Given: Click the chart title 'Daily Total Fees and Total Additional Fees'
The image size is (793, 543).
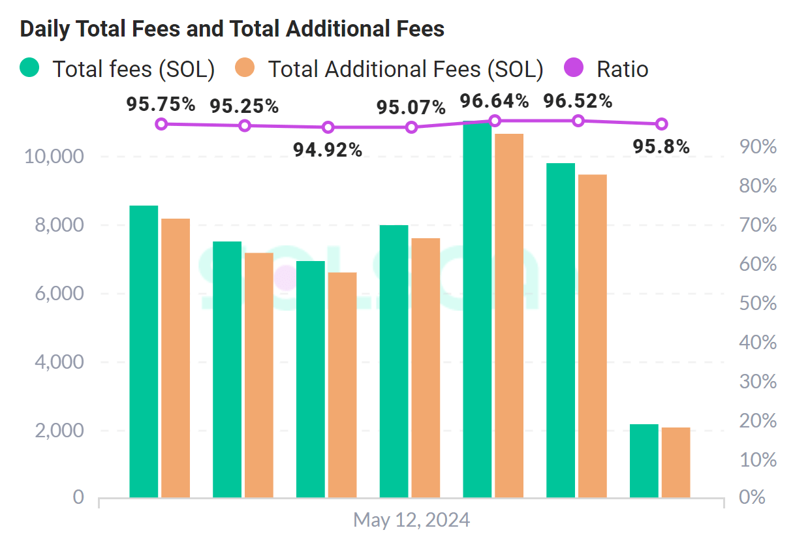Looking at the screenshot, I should tap(232, 29).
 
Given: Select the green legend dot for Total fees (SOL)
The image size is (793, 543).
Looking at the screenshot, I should tap(30, 68).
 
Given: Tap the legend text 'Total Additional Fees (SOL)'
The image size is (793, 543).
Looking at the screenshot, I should tap(405, 69).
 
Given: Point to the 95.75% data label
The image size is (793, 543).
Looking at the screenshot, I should tap(161, 104).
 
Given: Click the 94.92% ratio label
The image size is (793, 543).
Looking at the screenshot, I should tap(328, 150).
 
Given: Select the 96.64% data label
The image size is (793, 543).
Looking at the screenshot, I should tap(494, 101).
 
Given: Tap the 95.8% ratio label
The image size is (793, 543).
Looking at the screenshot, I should tap(661, 147).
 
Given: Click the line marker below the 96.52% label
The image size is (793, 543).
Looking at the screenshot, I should tap(578, 121).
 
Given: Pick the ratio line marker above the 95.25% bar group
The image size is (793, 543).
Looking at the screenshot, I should tap(245, 125).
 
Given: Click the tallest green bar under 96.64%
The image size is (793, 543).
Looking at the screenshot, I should tap(477, 310).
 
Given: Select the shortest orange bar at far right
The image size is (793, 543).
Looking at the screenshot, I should tap(676, 462).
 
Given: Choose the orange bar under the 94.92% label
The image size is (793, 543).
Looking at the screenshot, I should tap(342, 385).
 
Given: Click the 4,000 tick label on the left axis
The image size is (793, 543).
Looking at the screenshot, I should tap(57, 362).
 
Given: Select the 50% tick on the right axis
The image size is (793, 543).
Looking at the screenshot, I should tap(758, 303).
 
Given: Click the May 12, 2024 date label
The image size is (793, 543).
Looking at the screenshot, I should tap(411, 520).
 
